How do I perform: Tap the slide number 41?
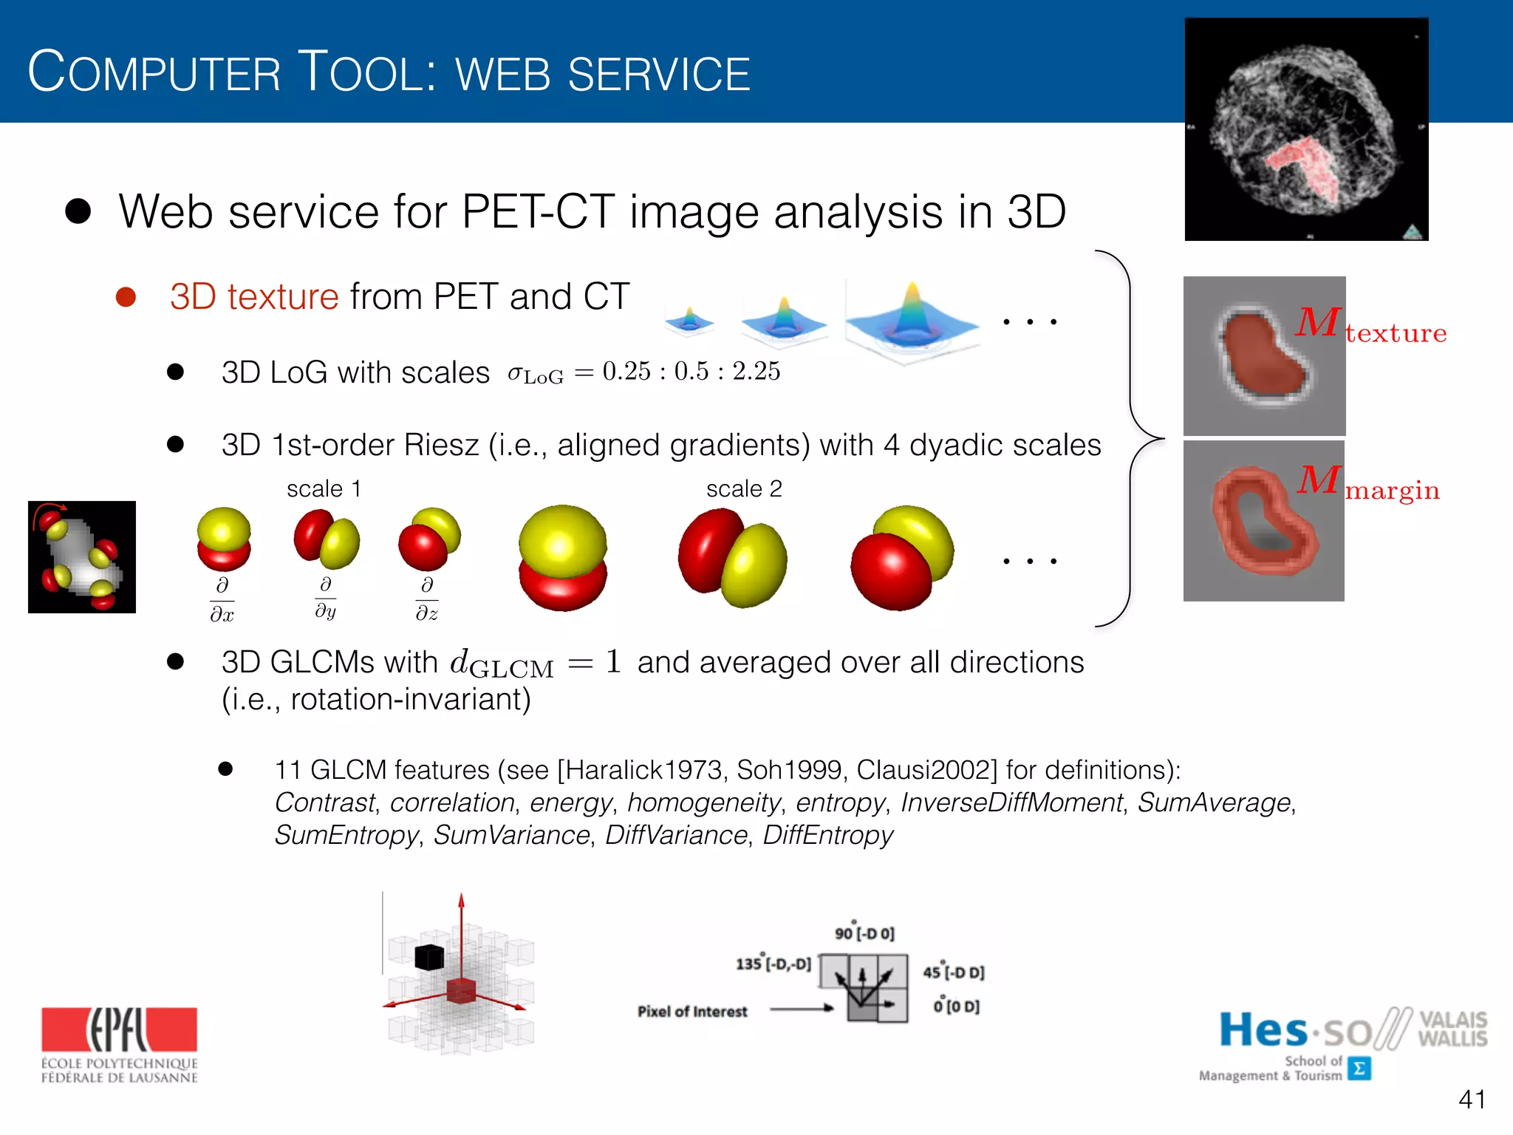pyautogui.click(x=1472, y=1100)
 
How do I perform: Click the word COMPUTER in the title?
pyautogui.click(x=154, y=72)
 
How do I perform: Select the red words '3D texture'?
pyautogui.click(x=254, y=297)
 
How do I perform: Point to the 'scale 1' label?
pyautogui.click(x=324, y=489)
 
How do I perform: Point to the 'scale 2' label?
pyautogui.click(x=743, y=489)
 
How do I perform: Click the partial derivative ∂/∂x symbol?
pyautogui.click(x=222, y=600)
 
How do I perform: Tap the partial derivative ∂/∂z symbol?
pyautogui.click(x=426, y=599)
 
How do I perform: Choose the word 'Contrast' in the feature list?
pyautogui.click(x=324, y=802)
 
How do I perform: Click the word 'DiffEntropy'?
pyautogui.click(x=827, y=835)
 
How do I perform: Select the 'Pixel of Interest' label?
pyautogui.click(x=692, y=1012)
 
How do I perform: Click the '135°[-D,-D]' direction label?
pyautogui.click(x=773, y=964)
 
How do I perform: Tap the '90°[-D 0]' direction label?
pyautogui.click(x=864, y=933)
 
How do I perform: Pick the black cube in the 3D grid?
pyautogui.click(x=428, y=957)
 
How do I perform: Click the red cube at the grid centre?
pyautogui.click(x=462, y=990)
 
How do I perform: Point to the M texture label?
pyautogui.click(x=1370, y=325)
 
